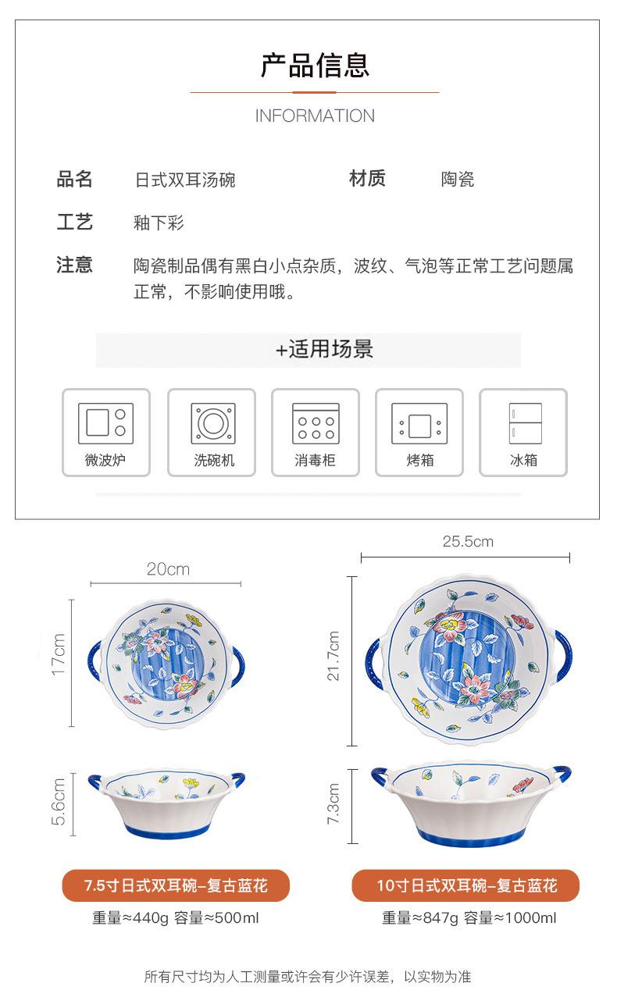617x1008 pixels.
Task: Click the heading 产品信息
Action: [x=315, y=66]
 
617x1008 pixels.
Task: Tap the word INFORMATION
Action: [x=315, y=116]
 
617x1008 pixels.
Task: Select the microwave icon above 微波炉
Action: [x=105, y=424]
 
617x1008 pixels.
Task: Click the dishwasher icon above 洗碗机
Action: [x=212, y=424]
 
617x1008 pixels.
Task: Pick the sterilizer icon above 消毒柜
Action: [x=315, y=424]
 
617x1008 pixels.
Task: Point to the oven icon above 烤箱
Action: [x=419, y=425]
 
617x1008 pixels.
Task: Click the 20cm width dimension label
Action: [x=168, y=569]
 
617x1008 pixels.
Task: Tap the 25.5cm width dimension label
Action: [x=468, y=541]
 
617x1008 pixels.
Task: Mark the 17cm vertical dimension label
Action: [x=59, y=655]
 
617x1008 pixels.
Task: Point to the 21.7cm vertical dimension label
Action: [x=333, y=656]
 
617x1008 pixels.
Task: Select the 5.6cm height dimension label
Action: [x=59, y=803]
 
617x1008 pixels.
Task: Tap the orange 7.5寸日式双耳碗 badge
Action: [x=176, y=885]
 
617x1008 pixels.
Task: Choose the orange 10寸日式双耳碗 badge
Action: [x=465, y=885]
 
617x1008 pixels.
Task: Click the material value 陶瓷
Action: [x=458, y=180]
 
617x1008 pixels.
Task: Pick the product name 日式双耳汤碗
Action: [x=185, y=180]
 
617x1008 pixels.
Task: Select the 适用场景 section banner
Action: [x=308, y=350]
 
